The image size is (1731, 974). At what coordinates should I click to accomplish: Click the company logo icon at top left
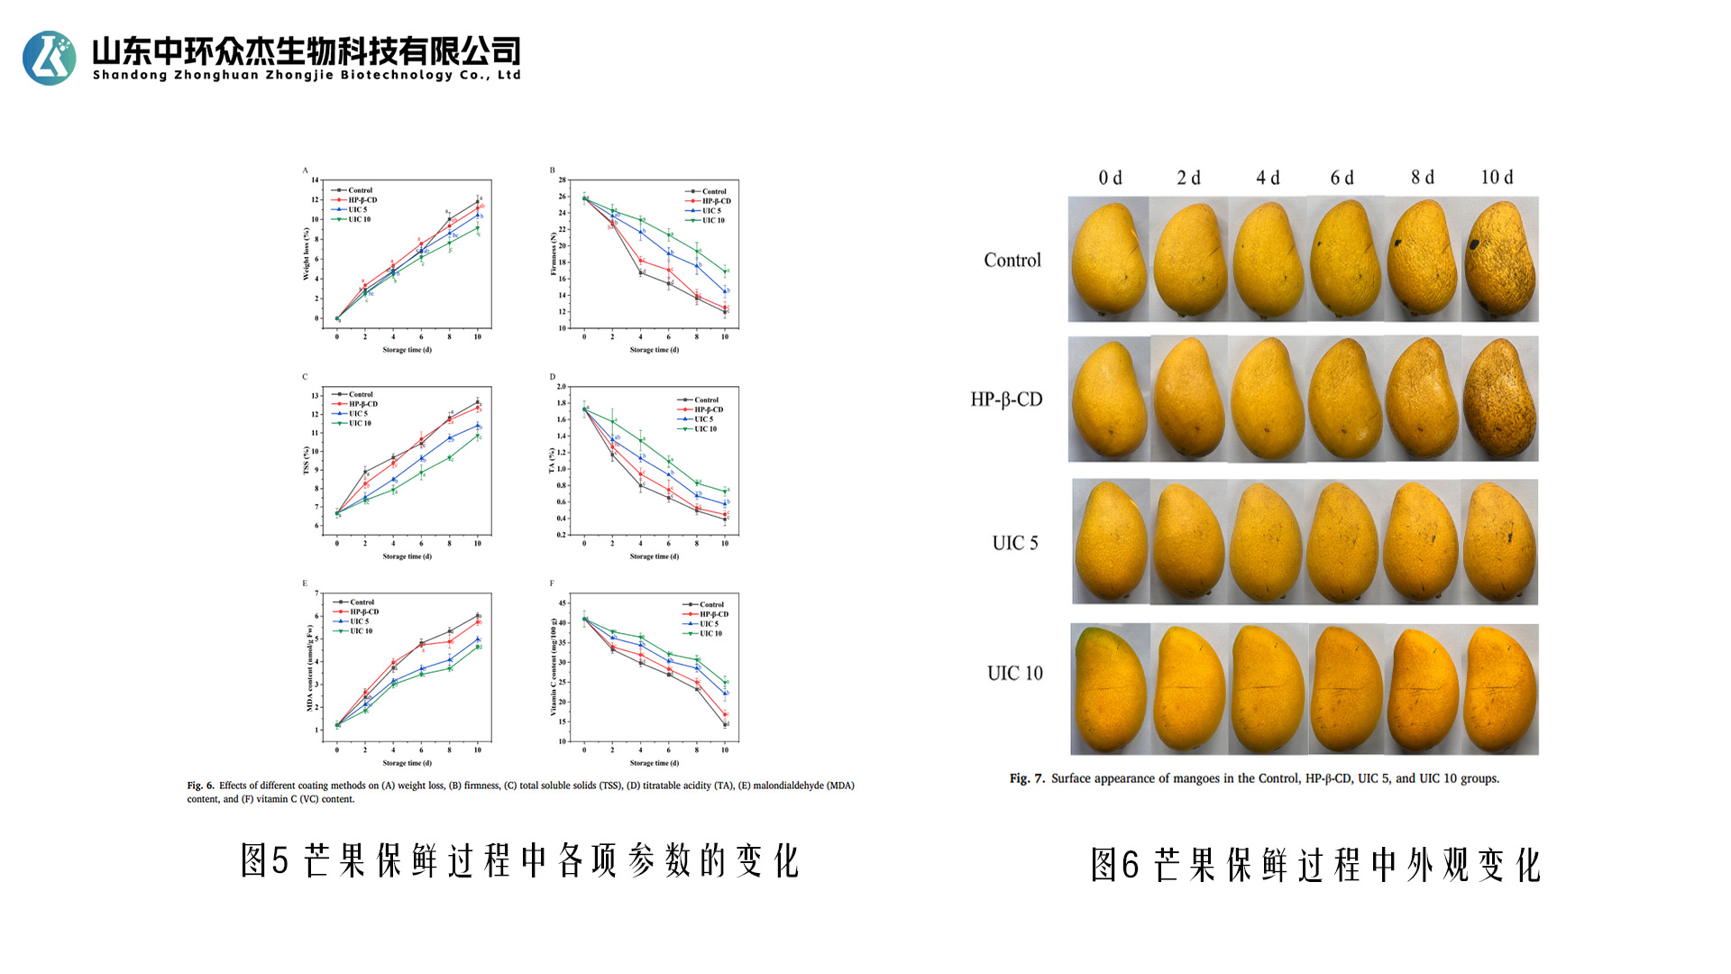(50, 59)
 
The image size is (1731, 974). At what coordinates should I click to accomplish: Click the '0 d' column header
(1110, 178)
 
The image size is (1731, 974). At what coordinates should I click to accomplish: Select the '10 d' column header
(1497, 178)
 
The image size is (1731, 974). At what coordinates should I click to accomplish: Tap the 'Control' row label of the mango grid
(1012, 261)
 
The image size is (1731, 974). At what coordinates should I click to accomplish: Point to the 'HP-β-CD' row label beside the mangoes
(1006, 400)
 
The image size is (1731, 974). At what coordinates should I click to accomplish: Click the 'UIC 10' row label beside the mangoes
(1014, 674)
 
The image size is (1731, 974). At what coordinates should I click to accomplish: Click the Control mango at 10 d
(1499, 260)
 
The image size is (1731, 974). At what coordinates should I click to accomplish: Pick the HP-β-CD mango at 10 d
(1499, 399)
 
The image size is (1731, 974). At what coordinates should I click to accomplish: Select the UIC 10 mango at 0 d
(1110, 689)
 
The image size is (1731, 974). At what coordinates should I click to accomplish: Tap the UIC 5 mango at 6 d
(1343, 542)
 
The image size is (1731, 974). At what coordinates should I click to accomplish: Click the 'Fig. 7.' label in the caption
(1026, 778)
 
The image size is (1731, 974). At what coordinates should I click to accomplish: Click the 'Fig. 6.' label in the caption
(200, 786)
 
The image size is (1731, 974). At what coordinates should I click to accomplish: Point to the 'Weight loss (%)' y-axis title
(307, 253)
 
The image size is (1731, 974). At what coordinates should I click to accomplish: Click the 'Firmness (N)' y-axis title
(554, 253)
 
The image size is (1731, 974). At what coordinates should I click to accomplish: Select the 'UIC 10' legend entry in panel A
(359, 219)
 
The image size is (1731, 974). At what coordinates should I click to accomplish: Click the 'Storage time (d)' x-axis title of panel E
(407, 763)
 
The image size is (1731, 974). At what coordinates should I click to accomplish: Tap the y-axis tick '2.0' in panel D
(561, 387)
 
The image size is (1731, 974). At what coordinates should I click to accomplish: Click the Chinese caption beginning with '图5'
(519, 861)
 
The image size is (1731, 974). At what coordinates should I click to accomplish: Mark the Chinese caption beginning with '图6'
(1315, 865)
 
